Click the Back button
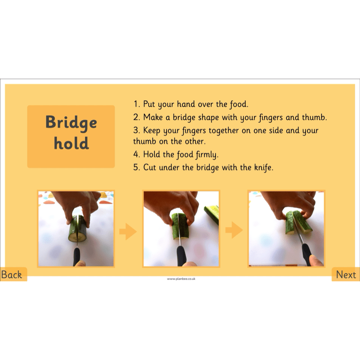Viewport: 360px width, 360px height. (x=12, y=274)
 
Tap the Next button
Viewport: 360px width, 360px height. (x=346, y=274)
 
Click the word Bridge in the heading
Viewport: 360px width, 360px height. (x=71, y=122)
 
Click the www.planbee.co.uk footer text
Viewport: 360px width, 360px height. (x=181, y=279)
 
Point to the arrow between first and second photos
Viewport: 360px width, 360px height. (x=128, y=232)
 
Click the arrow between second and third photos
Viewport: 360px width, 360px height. (x=234, y=231)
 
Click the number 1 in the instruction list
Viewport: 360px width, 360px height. (x=136, y=104)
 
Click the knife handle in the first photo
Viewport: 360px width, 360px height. (x=77, y=255)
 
